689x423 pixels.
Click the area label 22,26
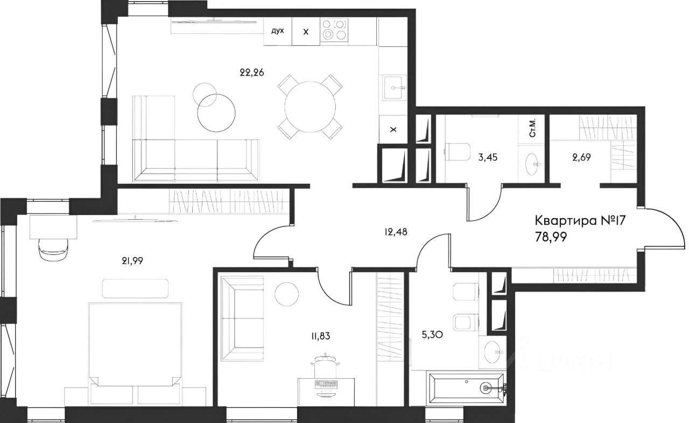(252, 73)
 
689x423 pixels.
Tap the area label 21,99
(132, 261)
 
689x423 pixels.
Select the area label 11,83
(320, 336)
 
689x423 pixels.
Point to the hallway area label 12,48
(396, 232)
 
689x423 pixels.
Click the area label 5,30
(432, 335)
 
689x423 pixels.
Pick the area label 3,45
(488, 158)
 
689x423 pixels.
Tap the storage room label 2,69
(581, 158)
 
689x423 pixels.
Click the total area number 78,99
(551, 237)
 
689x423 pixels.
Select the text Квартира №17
(580, 220)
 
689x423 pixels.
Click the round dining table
(310, 107)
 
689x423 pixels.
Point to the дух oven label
(277, 31)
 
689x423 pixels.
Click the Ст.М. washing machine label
(532, 128)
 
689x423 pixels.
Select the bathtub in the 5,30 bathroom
(466, 387)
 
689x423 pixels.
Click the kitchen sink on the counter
(394, 88)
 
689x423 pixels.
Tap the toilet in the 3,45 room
(457, 151)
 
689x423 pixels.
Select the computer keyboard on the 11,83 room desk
(326, 384)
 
